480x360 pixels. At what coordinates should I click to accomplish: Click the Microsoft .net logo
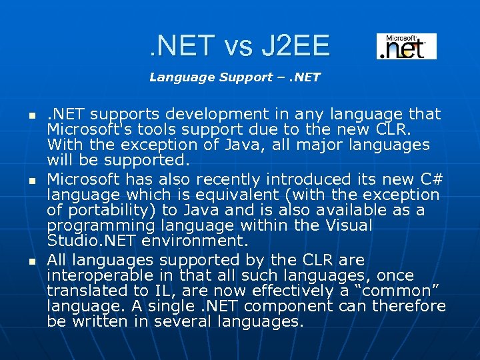(x=406, y=46)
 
